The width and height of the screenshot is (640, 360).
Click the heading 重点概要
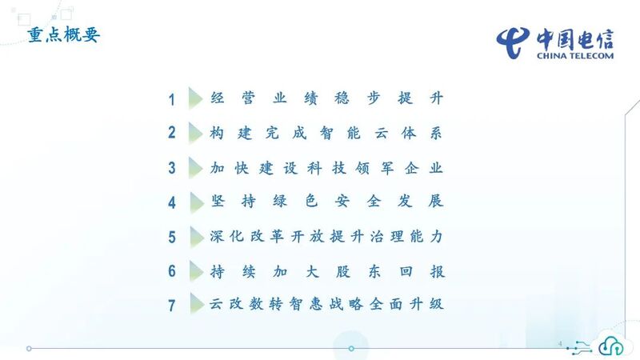pyautogui.click(x=64, y=34)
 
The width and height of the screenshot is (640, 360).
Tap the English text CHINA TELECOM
pyautogui.click(x=575, y=56)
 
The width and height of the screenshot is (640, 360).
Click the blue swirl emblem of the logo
pyautogui.click(x=513, y=43)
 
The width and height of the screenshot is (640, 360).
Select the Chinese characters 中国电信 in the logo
pyautogui.click(x=575, y=39)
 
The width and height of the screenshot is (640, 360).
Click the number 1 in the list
pyautogui.click(x=172, y=99)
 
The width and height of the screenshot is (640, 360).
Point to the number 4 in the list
pyautogui.click(x=172, y=202)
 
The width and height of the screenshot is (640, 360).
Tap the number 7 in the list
pyautogui.click(x=172, y=306)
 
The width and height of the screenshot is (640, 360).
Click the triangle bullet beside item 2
pyautogui.click(x=196, y=133)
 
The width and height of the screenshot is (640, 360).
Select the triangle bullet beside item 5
pyautogui.click(x=197, y=237)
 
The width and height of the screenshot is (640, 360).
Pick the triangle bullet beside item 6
pyautogui.click(x=197, y=271)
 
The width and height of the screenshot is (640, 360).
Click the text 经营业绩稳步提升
pyautogui.click(x=327, y=98)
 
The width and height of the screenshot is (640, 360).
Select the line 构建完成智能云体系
pyautogui.click(x=326, y=133)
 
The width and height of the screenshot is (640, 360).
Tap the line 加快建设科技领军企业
pyautogui.click(x=326, y=168)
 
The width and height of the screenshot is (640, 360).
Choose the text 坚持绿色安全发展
pyautogui.click(x=327, y=202)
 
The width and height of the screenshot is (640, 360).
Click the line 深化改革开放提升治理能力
pyautogui.click(x=326, y=236)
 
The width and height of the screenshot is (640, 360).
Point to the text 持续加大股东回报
pyautogui.click(x=327, y=271)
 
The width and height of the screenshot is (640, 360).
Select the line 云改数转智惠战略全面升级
pyautogui.click(x=326, y=304)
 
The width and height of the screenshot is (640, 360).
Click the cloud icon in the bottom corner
pyautogui.click(x=610, y=345)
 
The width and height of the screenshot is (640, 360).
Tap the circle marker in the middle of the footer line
pyautogui.click(x=351, y=349)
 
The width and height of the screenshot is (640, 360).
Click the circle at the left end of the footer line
pyautogui.click(x=29, y=349)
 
